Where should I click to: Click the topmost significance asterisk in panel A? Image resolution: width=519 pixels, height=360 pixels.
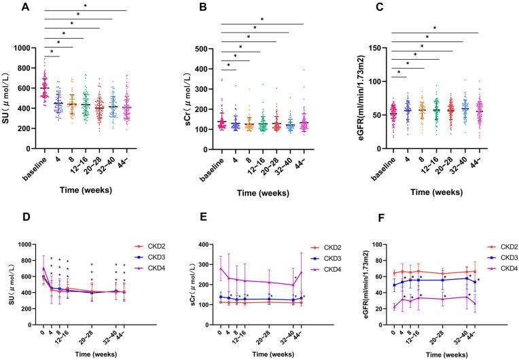click(x=86, y=7)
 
